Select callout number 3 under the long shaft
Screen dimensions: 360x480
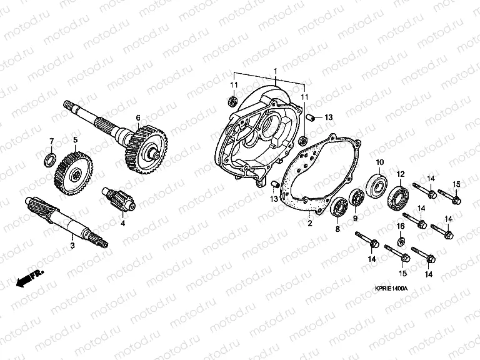tap(72, 247)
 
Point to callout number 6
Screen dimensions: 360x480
tap(138, 116)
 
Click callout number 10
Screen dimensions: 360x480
tap(378, 163)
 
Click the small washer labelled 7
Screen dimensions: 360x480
tap(48, 162)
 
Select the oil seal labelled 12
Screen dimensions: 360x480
tap(399, 197)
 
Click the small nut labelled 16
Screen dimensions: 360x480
tap(401, 241)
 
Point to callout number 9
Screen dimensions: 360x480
tap(354, 218)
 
